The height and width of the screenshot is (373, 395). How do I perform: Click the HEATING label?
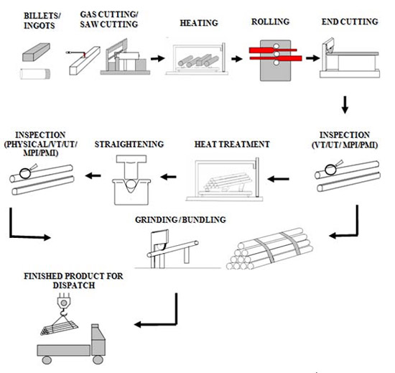point(199,23)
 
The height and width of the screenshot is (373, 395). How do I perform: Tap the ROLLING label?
point(270,22)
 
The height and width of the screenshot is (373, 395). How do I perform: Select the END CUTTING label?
point(350,22)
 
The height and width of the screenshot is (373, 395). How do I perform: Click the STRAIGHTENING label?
point(129,144)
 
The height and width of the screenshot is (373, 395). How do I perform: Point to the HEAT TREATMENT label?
point(232,144)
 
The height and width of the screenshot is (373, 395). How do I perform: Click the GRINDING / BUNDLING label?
point(180,219)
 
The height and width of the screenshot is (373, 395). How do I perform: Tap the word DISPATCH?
point(74,285)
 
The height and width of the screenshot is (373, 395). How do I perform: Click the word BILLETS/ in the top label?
point(42,16)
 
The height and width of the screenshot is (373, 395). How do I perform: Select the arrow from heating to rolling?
point(237,59)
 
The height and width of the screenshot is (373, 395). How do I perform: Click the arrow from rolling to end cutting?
point(312,58)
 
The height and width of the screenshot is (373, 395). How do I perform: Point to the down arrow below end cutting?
point(345,105)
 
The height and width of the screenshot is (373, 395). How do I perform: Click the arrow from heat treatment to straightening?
point(168,177)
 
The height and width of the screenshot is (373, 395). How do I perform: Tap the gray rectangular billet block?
point(37,52)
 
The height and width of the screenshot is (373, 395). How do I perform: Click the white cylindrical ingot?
point(35,74)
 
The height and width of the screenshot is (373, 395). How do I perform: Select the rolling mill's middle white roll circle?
point(276,54)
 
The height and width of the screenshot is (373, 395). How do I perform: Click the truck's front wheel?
point(98,359)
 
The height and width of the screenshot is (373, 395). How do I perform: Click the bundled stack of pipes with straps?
point(269,249)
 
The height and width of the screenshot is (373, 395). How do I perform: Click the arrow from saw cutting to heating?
point(158,59)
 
